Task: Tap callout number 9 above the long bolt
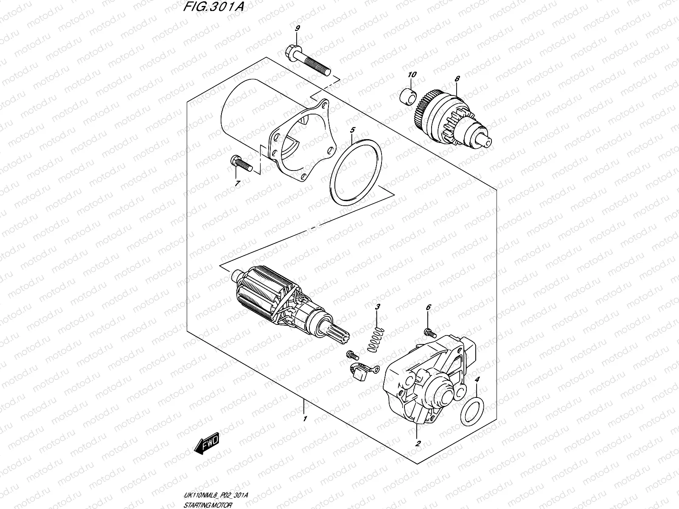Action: tap(297, 28)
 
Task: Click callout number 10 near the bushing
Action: tap(412, 75)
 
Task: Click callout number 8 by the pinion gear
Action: tap(457, 79)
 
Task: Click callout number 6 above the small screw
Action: tap(428, 307)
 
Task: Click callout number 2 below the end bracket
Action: tap(418, 444)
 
